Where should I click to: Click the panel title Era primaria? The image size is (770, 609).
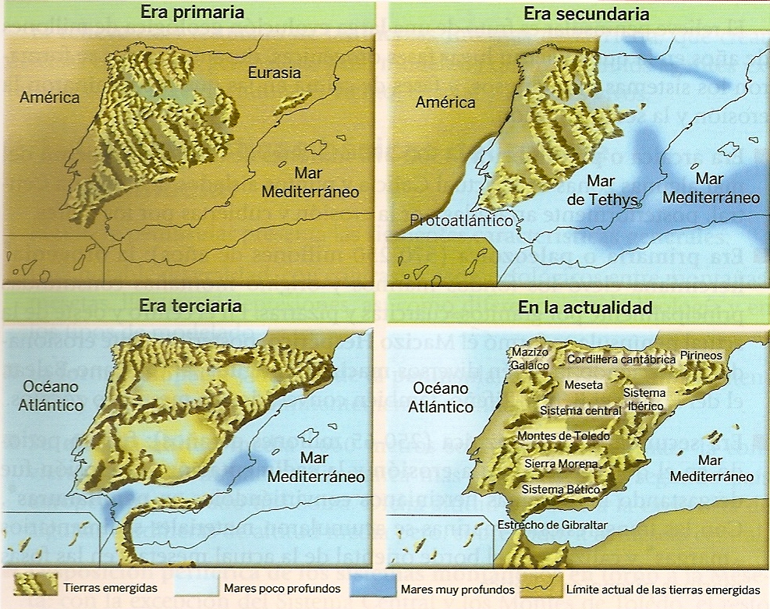(192, 12)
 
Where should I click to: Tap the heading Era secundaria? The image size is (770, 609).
(575, 14)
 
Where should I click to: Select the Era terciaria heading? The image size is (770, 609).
(191, 306)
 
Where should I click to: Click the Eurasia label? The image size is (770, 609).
(274, 73)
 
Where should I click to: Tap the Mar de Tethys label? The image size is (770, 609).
(602, 189)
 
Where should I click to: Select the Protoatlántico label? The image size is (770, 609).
(462, 221)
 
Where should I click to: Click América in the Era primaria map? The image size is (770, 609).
(51, 97)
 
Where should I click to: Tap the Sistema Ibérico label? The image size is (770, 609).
(644, 399)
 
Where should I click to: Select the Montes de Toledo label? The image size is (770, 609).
(563, 436)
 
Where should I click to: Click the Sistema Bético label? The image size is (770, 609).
(560, 490)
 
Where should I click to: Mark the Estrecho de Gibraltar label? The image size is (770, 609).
(552, 525)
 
